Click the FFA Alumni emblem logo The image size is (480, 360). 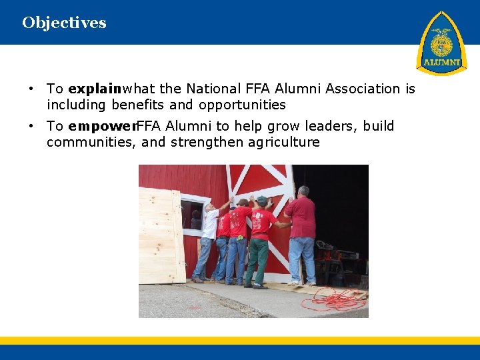click(441, 43)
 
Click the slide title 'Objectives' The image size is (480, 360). click(64, 23)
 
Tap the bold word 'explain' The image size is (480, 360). click(95, 89)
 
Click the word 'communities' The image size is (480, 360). click(91, 142)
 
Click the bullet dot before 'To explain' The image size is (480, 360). click(31, 89)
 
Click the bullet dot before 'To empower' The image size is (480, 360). click(31, 126)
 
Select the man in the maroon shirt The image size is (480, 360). click(301, 233)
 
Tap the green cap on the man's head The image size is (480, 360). click(261, 199)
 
